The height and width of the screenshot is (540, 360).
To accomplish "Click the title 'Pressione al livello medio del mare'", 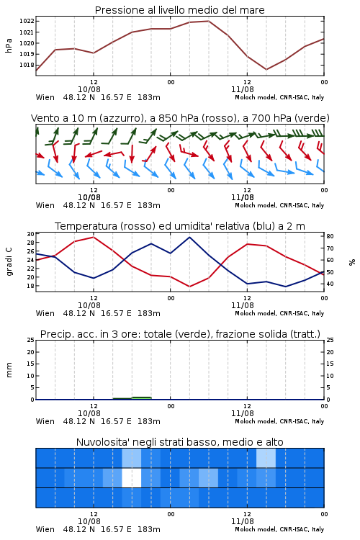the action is (179, 10).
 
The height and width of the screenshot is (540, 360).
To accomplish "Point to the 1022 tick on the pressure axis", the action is (27, 21).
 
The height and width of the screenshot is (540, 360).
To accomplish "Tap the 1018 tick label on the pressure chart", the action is (27, 65).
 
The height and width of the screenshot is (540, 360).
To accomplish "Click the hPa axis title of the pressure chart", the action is (9, 45).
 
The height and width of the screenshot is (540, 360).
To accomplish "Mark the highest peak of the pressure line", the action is (208, 21).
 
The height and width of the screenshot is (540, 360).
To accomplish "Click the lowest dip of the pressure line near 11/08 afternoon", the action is (266, 69).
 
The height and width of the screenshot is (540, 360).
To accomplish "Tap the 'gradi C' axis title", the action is (9, 261).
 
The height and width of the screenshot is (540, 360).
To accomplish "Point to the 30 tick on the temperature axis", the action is (31, 234).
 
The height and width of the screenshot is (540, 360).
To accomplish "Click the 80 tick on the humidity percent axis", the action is (330, 236).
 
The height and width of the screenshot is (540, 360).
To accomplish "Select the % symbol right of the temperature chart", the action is (352, 262).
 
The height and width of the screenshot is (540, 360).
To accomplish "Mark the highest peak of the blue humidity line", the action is (189, 237).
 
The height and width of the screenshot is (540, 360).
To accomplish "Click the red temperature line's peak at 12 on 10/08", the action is (94, 237).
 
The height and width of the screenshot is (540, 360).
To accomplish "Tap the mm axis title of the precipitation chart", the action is (9, 370).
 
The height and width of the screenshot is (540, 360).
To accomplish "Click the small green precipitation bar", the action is (142, 398).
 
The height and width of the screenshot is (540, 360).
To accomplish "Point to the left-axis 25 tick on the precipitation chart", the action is (31, 340).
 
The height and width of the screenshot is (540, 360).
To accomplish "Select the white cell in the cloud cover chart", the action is (132, 477).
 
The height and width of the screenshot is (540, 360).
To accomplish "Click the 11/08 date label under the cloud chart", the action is (242, 521).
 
